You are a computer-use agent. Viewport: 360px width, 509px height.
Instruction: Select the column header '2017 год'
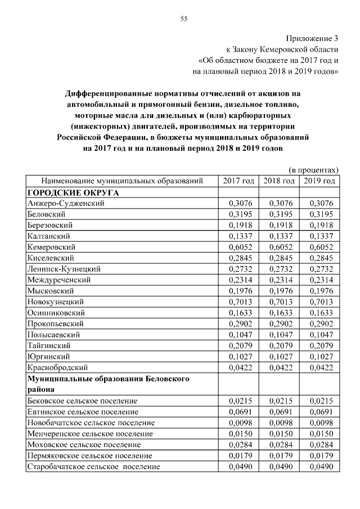[238, 181]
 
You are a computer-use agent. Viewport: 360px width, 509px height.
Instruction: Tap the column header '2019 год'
[319, 181]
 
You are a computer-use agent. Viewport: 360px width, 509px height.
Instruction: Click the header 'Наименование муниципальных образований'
[121, 181]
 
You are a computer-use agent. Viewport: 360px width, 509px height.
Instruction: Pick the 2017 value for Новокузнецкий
[238, 302]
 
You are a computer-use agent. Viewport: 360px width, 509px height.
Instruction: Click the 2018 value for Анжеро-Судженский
[279, 203]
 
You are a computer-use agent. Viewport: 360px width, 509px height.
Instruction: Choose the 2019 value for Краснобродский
[319, 368]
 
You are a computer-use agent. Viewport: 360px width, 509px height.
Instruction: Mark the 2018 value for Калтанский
[279, 236]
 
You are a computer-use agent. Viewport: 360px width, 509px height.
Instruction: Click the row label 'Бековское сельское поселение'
[82, 401]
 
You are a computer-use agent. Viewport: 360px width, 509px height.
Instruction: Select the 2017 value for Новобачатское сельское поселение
[238, 423]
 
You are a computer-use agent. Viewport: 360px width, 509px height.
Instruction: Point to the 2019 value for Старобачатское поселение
[319, 467]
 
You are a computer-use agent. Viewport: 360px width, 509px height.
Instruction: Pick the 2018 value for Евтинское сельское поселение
[279, 412]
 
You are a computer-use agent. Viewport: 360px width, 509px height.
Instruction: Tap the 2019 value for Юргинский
[319, 357]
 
